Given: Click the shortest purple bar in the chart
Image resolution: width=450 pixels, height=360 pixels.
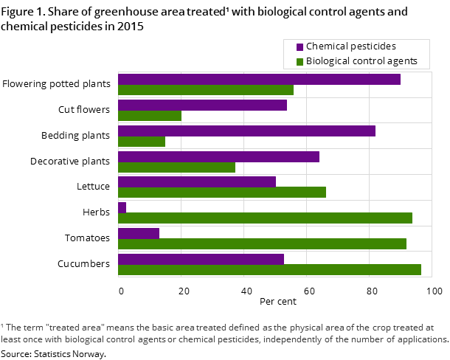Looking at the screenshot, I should click(x=122, y=207).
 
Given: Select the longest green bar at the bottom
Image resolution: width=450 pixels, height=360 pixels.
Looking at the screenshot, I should click(x=269, y=269).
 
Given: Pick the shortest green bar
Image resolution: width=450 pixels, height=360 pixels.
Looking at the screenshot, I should click(x=142, y=141).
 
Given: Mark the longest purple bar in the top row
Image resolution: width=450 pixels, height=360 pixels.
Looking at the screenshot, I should click(x=259, y=79).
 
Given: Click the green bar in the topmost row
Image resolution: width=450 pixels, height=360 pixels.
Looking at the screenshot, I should click(x=206, y=90).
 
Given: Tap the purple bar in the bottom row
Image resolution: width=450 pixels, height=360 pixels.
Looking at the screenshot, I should click(x=201, y=259).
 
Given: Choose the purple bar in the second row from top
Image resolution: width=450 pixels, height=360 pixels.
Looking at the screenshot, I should click(x=202, y=105).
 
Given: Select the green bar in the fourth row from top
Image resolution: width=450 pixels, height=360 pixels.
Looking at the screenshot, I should click(x=176, y=167).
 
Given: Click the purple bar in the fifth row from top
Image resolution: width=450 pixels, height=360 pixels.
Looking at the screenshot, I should click(x=197, y=181).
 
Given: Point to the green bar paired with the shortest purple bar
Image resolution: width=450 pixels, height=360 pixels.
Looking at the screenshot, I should click(x=265, y=218).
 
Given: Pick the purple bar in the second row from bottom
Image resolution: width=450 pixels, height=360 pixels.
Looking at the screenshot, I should click(x=139, y=233).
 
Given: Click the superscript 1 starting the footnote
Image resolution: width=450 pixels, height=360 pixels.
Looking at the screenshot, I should click(x=2, y=325).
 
